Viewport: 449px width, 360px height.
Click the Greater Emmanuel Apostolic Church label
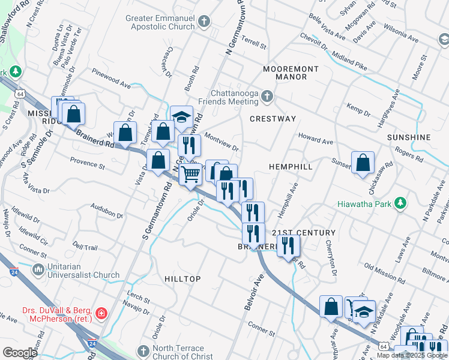(161, 22)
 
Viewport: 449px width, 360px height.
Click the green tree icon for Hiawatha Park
(400, 204)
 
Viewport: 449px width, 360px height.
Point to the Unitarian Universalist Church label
(84, 271)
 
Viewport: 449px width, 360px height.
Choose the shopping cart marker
(191, 175)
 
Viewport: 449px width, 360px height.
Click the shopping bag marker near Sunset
(363, 163)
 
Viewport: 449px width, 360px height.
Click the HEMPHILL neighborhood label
(291, 166)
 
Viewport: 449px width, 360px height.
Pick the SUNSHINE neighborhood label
(409, 137)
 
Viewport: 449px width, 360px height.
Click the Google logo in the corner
(20, 353)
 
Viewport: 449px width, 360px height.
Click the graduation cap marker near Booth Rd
(181, 118)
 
